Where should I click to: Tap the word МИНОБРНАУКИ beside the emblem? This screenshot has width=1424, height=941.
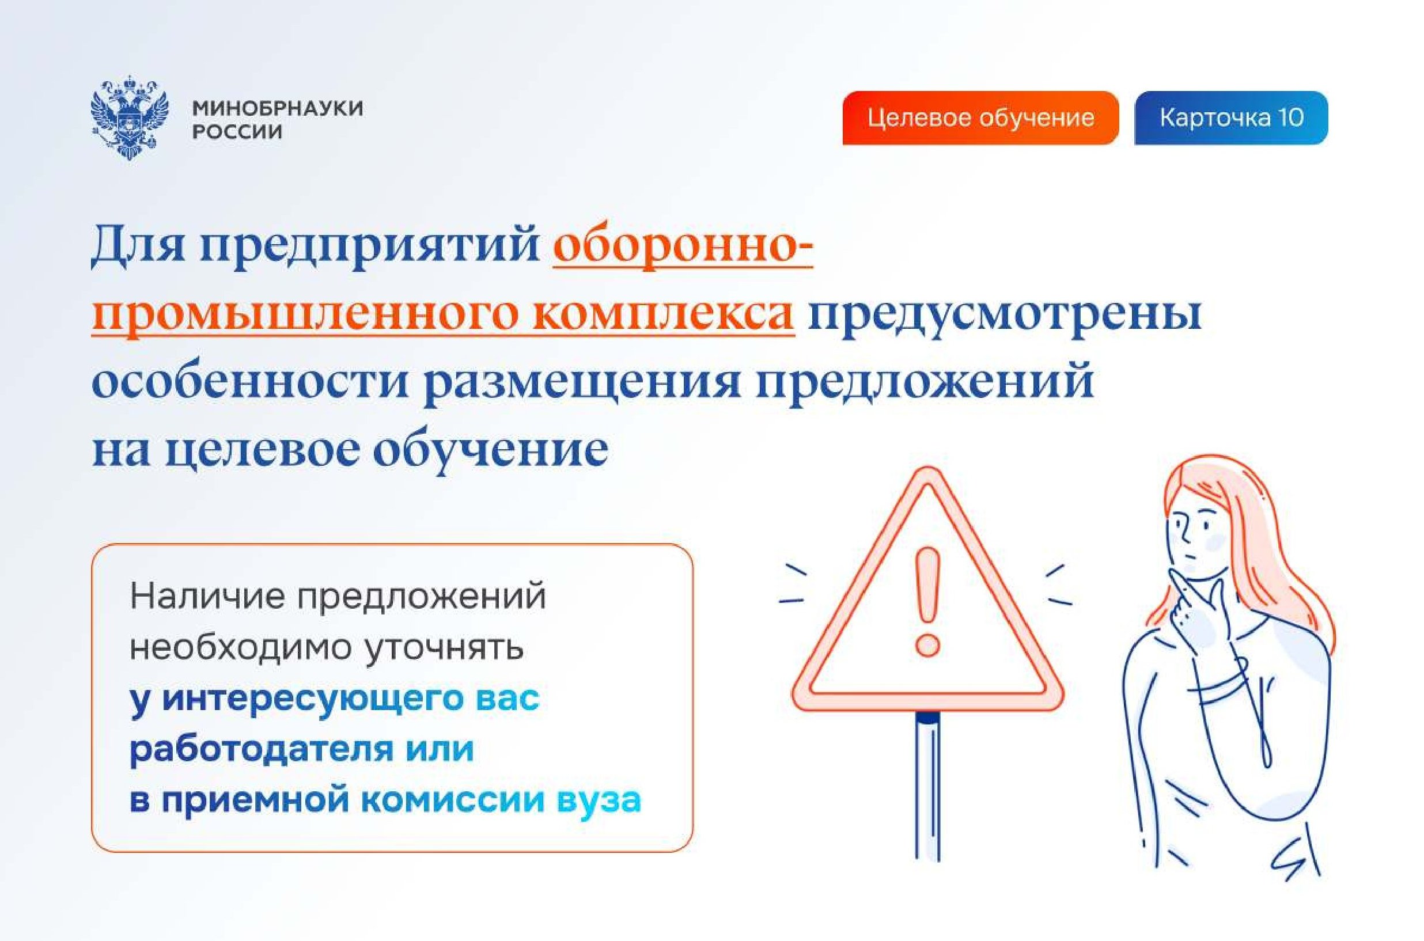[277, 108]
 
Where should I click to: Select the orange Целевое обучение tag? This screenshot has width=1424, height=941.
[980, 117]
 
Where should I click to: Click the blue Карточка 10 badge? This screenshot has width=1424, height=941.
[1230, 117]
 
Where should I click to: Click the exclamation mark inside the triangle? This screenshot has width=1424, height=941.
[927, 600]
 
